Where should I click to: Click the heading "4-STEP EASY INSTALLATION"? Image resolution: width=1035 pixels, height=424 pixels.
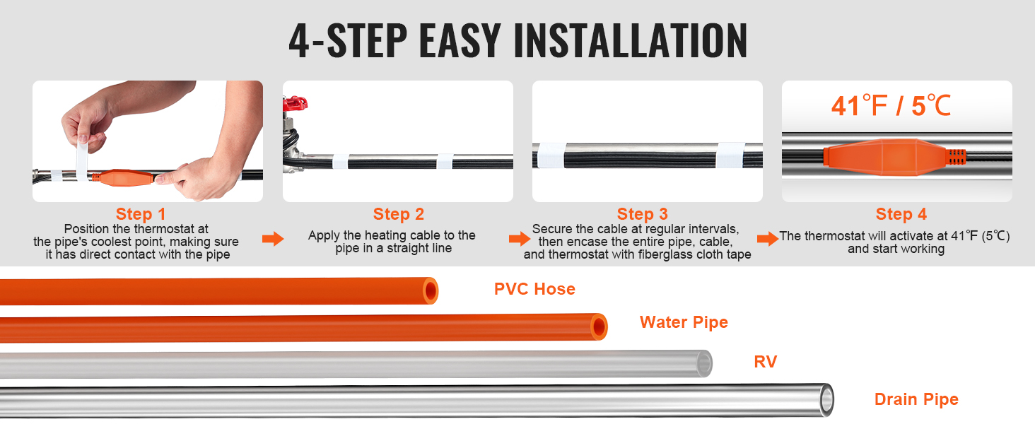coord(517,40)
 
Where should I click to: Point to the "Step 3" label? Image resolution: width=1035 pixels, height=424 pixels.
coord(642,214)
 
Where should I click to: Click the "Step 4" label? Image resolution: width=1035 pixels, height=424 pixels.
coord(901,214)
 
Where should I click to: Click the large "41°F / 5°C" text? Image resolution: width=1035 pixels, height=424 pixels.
coord(891,106)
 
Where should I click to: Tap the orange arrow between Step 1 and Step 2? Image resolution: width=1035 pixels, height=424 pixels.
coord(273,240)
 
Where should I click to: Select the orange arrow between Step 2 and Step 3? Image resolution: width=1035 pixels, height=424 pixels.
coord(519,240)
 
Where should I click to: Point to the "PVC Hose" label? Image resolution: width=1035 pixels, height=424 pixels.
coord(534,289)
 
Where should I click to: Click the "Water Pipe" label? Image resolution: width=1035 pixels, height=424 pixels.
coord(684,323)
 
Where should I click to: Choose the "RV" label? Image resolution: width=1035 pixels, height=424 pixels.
coord(765,363)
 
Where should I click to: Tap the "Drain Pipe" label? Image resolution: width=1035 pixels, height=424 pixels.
coord(916,399)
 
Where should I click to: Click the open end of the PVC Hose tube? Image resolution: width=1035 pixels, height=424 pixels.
coord(430,290)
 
